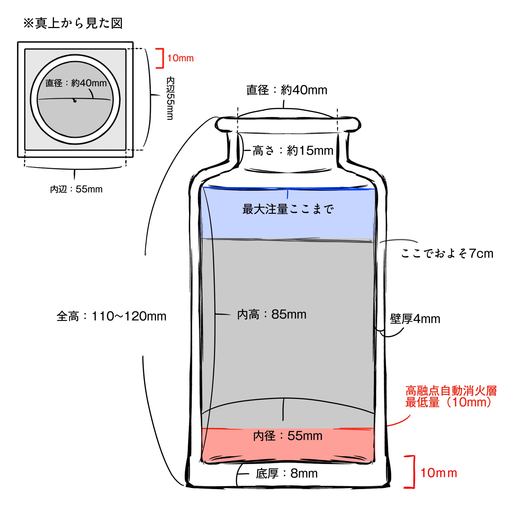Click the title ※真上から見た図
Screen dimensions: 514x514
click(73, 23)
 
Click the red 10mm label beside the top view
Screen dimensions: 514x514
click(180, 58)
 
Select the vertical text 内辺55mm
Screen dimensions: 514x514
click(170, 98)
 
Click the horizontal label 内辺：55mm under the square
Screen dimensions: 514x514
click(76, 189)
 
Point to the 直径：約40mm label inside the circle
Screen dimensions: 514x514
click(76, 83)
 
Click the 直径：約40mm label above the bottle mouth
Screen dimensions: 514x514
click(287, 90)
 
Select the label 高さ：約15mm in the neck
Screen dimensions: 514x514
click(293, 151)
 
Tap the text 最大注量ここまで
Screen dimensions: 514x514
click(288, 209)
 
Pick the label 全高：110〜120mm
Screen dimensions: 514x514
click(111, 316)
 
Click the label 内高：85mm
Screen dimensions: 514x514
click(272, 315)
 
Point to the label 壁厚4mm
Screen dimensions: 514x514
click(415, 319)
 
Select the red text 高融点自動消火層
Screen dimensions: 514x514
click(451, 391)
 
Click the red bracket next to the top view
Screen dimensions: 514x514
click(160, 58)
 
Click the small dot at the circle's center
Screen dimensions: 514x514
click(75, 100)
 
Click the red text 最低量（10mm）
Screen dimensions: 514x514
click(449, 402)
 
